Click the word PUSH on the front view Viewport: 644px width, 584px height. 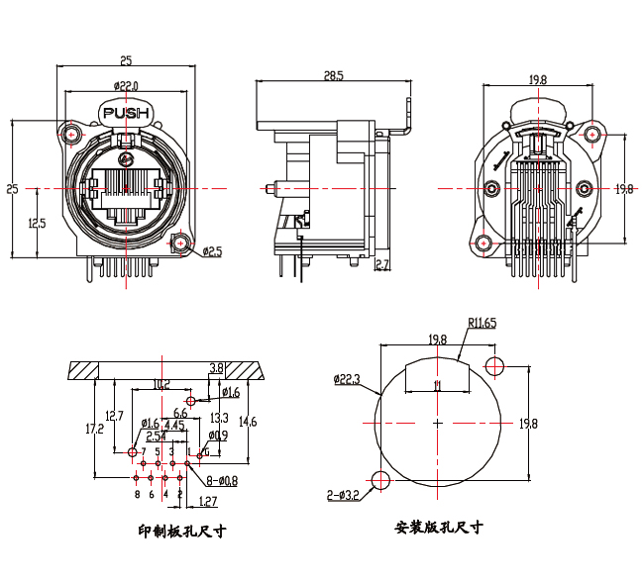pyautogui.click(x=125, y=113)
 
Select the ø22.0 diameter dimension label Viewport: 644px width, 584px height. pyautogui.click(x=125, y=86)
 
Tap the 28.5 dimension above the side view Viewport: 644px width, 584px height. pyautogui.click(x=333, y=75)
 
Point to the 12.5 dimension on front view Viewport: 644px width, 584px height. pyautogui.click(x=37, y=224)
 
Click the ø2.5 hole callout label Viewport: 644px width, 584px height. pyautogui.click(x=212, y=251)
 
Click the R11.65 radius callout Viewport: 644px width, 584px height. pyautogui.click(x=483, y=323)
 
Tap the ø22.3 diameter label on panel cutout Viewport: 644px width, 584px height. pyautogui.click(x=347, y=379)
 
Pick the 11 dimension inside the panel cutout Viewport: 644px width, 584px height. pyautogui.click(x=437, y=384)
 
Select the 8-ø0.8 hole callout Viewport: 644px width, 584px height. pyautogui.click(x=222, y=481)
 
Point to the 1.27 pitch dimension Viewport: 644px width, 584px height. pyautogui.click(x=208, y=501)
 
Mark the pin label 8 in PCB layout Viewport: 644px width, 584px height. pyautogui.click(x=137, y=493)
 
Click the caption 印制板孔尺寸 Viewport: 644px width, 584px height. pyautogui.click(x=182, y=532)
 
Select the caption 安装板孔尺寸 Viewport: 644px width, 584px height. pyautogui.click(x=438, y=527)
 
